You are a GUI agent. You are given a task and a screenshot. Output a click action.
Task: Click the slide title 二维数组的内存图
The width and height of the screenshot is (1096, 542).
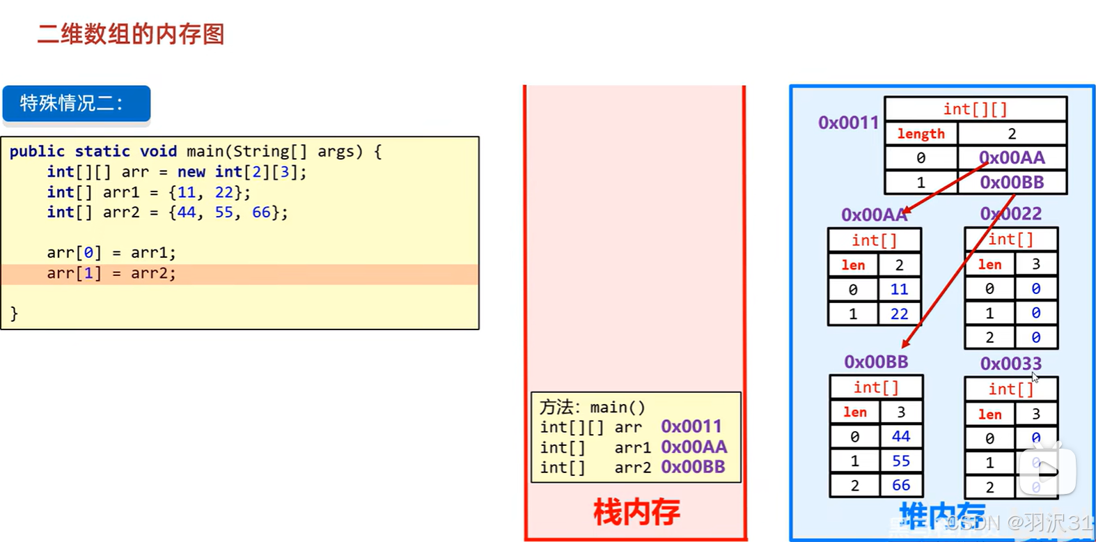pyautogui.click(x=131, y=34)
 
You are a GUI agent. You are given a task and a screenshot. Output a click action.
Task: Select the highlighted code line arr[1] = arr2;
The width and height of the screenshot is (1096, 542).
pyautogui.click(x=111, y=273)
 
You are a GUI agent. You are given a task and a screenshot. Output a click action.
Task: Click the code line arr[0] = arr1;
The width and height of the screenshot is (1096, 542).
pyautogui.click(x=111, y=252)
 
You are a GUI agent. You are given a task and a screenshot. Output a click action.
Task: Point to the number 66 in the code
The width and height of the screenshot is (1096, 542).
pyautogui.click(x=261, y=212)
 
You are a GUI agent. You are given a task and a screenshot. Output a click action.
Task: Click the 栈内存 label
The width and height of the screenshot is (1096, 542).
pyautogui.click(x=636, y=512)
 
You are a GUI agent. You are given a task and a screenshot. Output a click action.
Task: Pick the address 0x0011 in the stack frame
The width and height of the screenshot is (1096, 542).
pyautogui.click(x=691, y=426)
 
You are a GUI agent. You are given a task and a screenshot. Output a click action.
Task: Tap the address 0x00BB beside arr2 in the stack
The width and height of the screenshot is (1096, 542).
pyautogui.click(x=693, y=467)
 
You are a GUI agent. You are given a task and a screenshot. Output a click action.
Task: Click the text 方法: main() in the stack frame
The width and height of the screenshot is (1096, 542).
pyautogui.click(x=593, y=407)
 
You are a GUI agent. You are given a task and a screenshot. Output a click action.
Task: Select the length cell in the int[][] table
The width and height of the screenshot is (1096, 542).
pyautogui.click(x=921, y=134)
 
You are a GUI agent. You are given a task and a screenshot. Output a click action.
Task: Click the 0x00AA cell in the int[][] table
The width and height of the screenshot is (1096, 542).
pyautogui.click(x=1012, y=158)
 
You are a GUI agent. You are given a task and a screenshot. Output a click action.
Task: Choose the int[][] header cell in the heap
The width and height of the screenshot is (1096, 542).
pyautogui.click(x=975, y=109)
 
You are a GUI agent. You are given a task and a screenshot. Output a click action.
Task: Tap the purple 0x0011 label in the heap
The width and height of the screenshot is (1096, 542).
pyautogui.click(x=848, y=123)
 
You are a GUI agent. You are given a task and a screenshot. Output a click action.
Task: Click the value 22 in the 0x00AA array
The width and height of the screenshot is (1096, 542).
pyautogui.click(x=899, y=314)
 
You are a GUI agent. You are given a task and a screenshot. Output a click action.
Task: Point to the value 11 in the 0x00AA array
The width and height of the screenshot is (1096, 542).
pyautogui.click(x=899, y=289)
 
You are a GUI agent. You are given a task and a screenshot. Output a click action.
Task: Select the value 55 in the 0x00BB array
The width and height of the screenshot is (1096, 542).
pyautogui.click(x=901, y=461)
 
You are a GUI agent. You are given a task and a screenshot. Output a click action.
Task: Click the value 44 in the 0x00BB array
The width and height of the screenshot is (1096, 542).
pyautogui.click(x=901, y=436)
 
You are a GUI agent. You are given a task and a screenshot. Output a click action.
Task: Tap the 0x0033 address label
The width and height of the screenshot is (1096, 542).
pyautogui.click(x=1010, y=364)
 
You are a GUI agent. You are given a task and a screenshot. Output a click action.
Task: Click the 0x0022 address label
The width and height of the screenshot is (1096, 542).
pyautogui.click(x=1010, y=213)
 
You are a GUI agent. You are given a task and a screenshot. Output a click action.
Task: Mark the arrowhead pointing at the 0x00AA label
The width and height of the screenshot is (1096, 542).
pyautogui.click(x=907, y=210)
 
